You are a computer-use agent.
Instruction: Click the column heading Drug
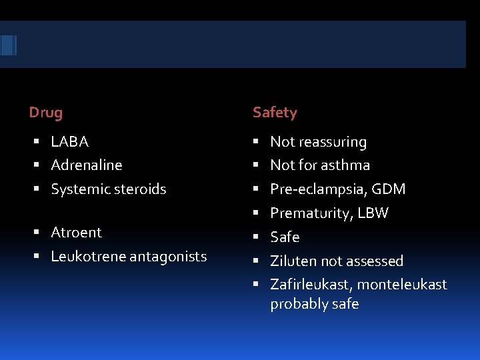(x=46, y=113)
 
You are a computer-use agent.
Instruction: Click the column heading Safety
(x=275, y=113)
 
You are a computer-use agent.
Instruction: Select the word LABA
(x=70, y=142)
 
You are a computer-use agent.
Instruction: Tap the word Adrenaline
(x=87, y=165)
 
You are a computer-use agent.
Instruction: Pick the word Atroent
(x=77, y=233)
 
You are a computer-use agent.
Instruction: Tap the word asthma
(x=345, y=165)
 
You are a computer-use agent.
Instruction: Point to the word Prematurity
(x=310, y=213)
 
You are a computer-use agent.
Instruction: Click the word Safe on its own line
(x=285, y=237)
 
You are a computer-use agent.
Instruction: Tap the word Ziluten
(x=291, y=261)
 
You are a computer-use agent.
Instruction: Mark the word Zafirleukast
(x=310, y=285)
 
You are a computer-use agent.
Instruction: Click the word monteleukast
(x=402, y=285)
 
